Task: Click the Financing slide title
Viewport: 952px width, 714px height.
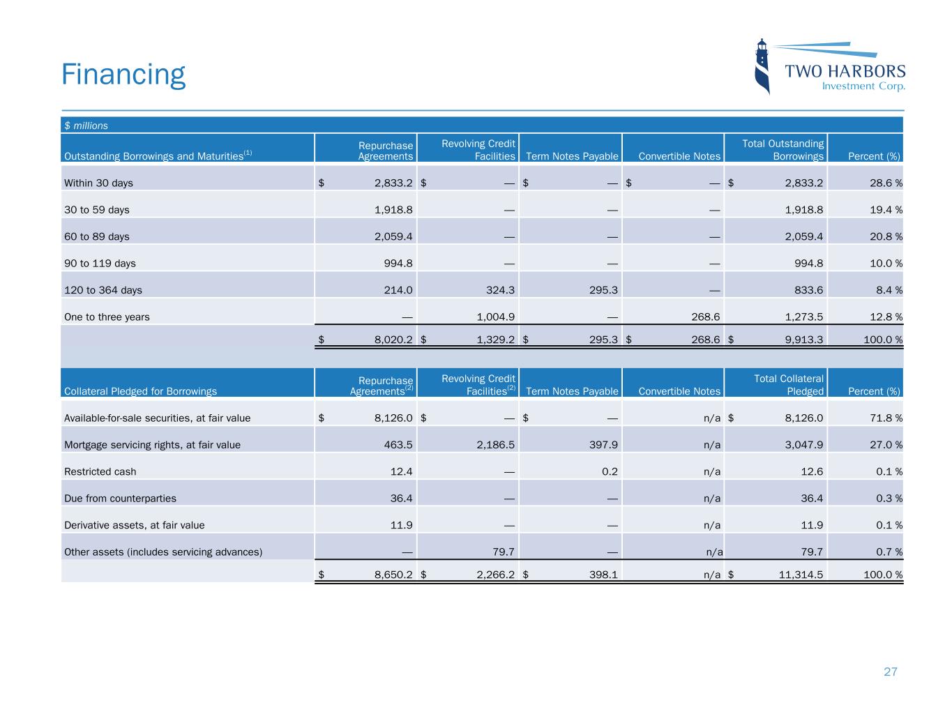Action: coord(123,74)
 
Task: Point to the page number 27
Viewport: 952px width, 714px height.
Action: coord(890,672)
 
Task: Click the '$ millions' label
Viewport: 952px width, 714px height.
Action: coord(86,126)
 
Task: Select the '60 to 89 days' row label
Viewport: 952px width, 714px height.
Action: coord(96,236)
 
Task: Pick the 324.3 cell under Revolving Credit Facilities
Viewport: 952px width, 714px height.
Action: coord(498,290)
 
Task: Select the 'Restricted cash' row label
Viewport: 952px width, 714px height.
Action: coord(100,471)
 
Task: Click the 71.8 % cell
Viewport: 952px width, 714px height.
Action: coord(884,418)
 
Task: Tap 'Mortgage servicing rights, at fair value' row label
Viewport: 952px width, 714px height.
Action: coord(152,444)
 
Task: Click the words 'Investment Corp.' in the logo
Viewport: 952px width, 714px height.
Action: coord(863,86)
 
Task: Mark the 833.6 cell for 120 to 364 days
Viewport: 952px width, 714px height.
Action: coord(806,290)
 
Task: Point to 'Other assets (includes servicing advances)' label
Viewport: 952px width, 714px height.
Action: coord(163,552)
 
